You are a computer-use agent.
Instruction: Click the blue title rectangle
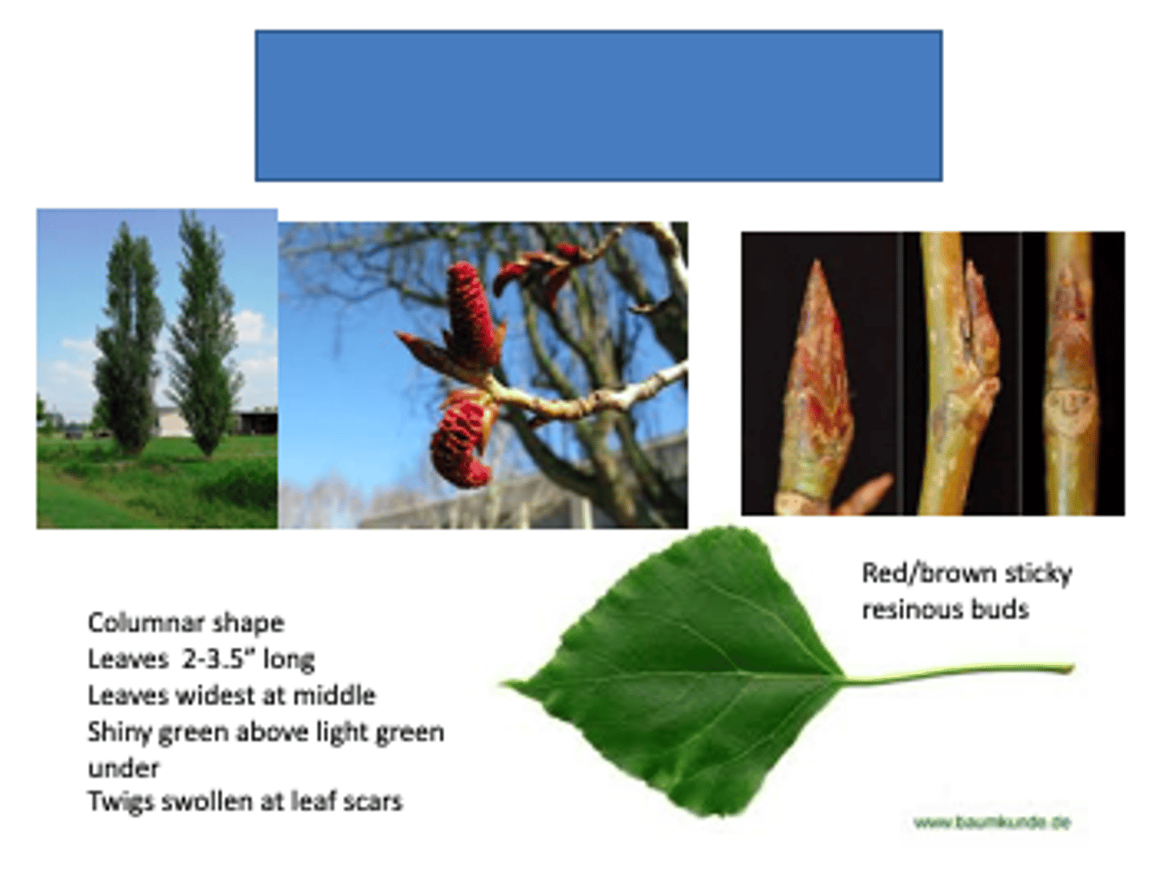599,105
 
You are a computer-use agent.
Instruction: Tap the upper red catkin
470,312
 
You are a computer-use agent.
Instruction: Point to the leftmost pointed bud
819,381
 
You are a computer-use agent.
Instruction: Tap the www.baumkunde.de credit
992,822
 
